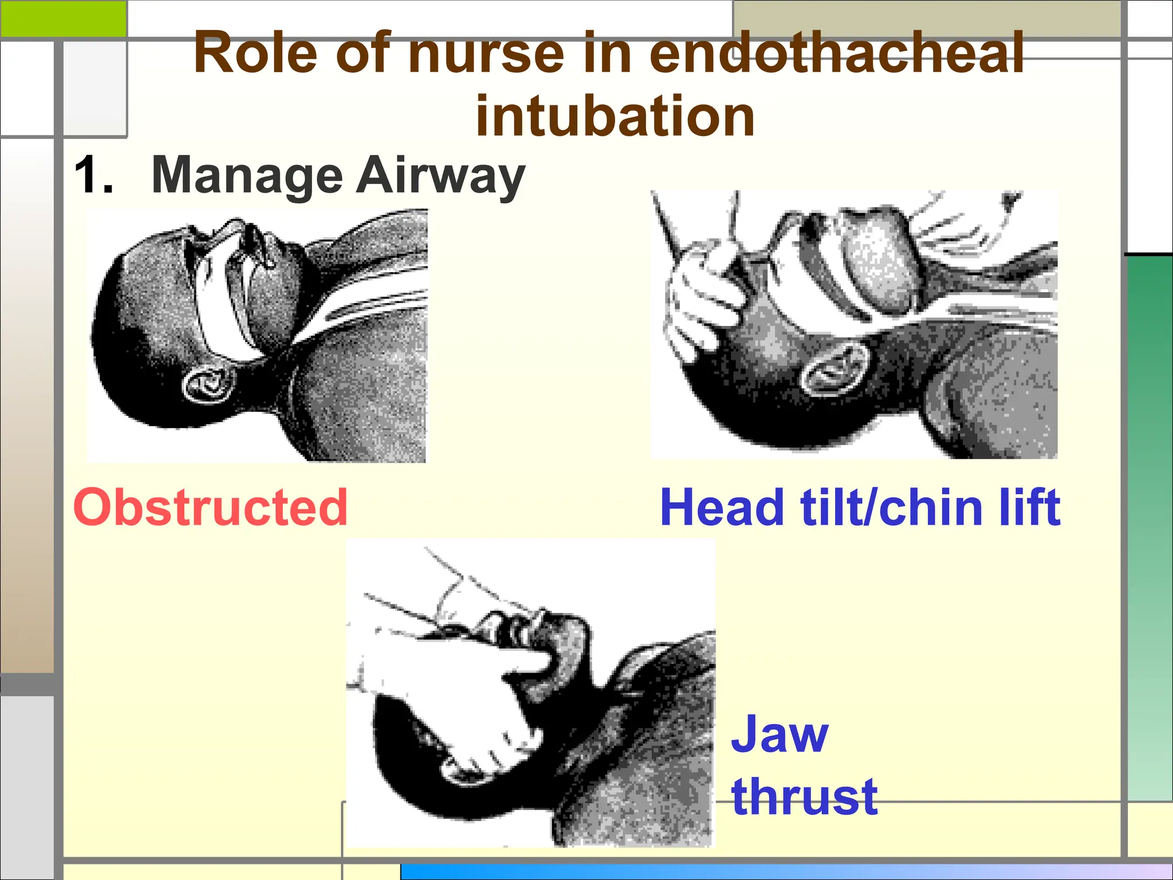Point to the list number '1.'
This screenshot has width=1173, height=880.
point(93,175)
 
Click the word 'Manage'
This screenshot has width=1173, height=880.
point(247,176)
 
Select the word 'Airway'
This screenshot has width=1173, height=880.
point(440,176)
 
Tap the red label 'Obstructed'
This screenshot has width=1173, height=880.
point(211,507)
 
